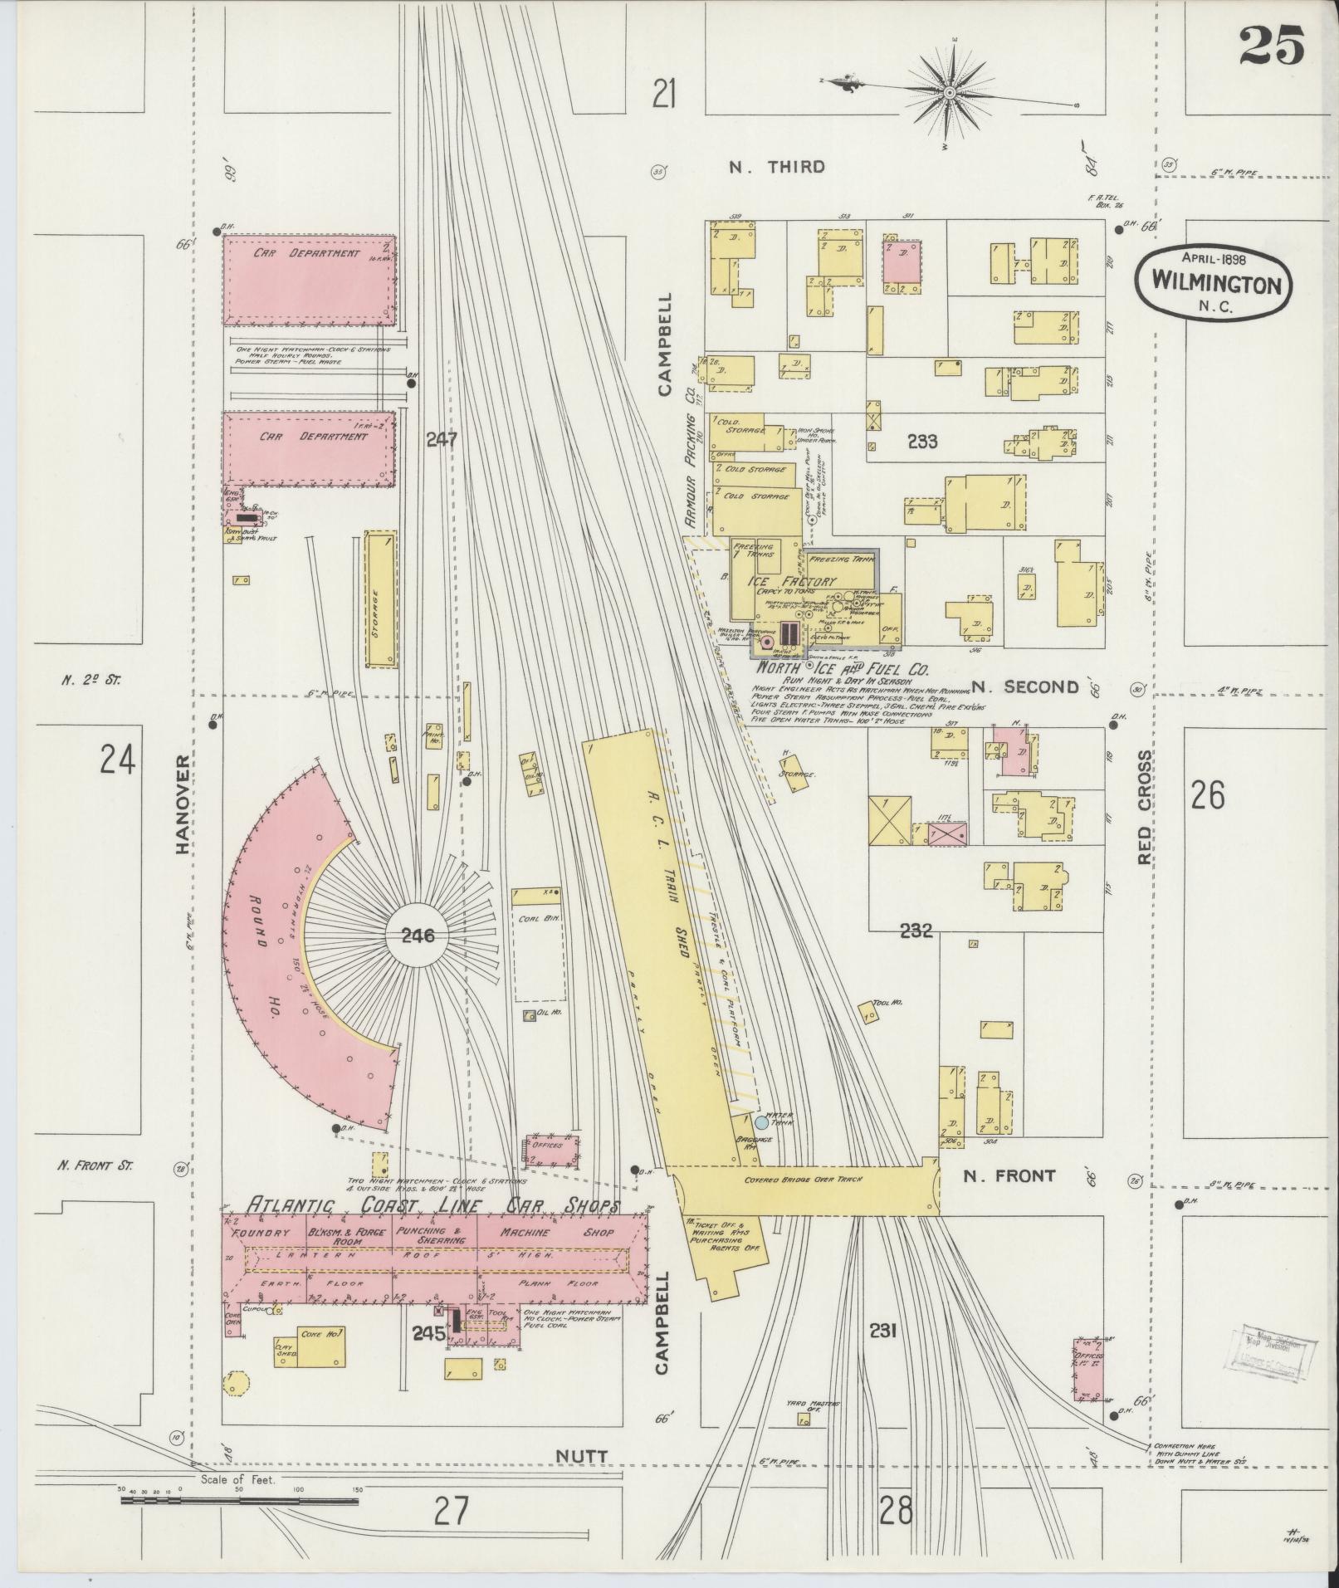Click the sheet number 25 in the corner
click(x=1273, y=45)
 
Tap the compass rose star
click(x=950, y=93)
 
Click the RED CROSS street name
click(x=1146, y=807)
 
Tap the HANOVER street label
click(x=184, y=804)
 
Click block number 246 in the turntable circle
click(x=418, y=936)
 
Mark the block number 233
click(x=921, y=442)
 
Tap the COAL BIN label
click(x=536, y=918)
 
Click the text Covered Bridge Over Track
click(x=804, y=1179)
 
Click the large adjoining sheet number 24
click(x=117, y=759)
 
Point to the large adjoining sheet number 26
click(x=1207, y=795)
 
